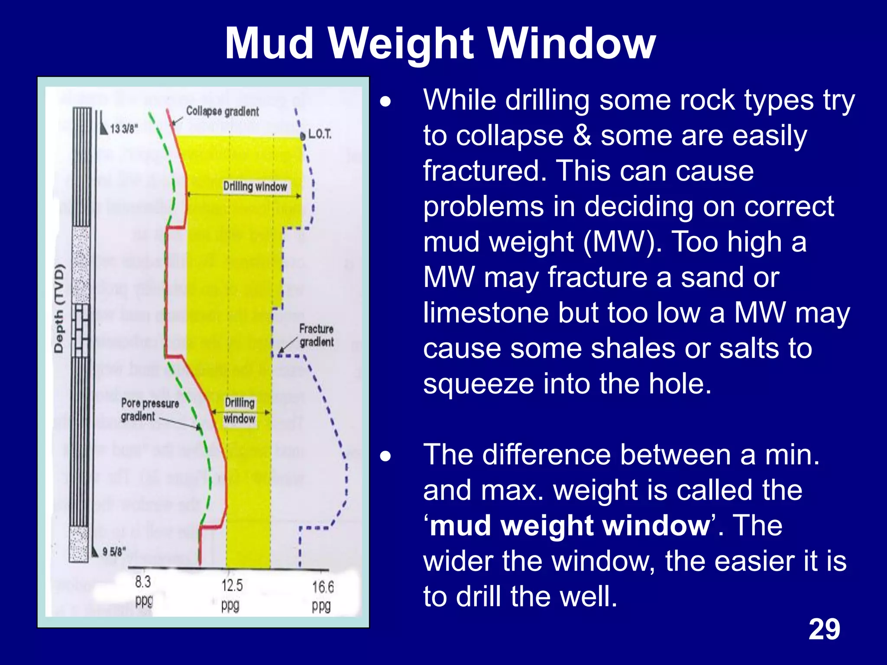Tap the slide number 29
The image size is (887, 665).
(824, 629)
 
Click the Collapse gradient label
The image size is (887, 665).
(222, 111)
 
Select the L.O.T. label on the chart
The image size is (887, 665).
(320, 134)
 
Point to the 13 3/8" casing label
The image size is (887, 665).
(123, 129)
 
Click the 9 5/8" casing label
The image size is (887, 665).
(114, 552)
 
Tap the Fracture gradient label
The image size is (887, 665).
(316, 335)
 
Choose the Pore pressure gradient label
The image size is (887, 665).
(149, 410)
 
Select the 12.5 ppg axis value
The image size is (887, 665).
(232, 595)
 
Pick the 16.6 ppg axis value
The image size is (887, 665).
(323, 596)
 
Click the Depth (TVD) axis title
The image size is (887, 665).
(59, 308)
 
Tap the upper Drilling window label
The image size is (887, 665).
(255, 187)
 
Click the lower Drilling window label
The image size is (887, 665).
(240, 410)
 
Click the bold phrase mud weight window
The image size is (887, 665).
(570, 526)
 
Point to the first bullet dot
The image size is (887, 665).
(385, 102)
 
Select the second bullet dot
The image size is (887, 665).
(385, 456)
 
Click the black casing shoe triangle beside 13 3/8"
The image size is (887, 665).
(104, 129)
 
